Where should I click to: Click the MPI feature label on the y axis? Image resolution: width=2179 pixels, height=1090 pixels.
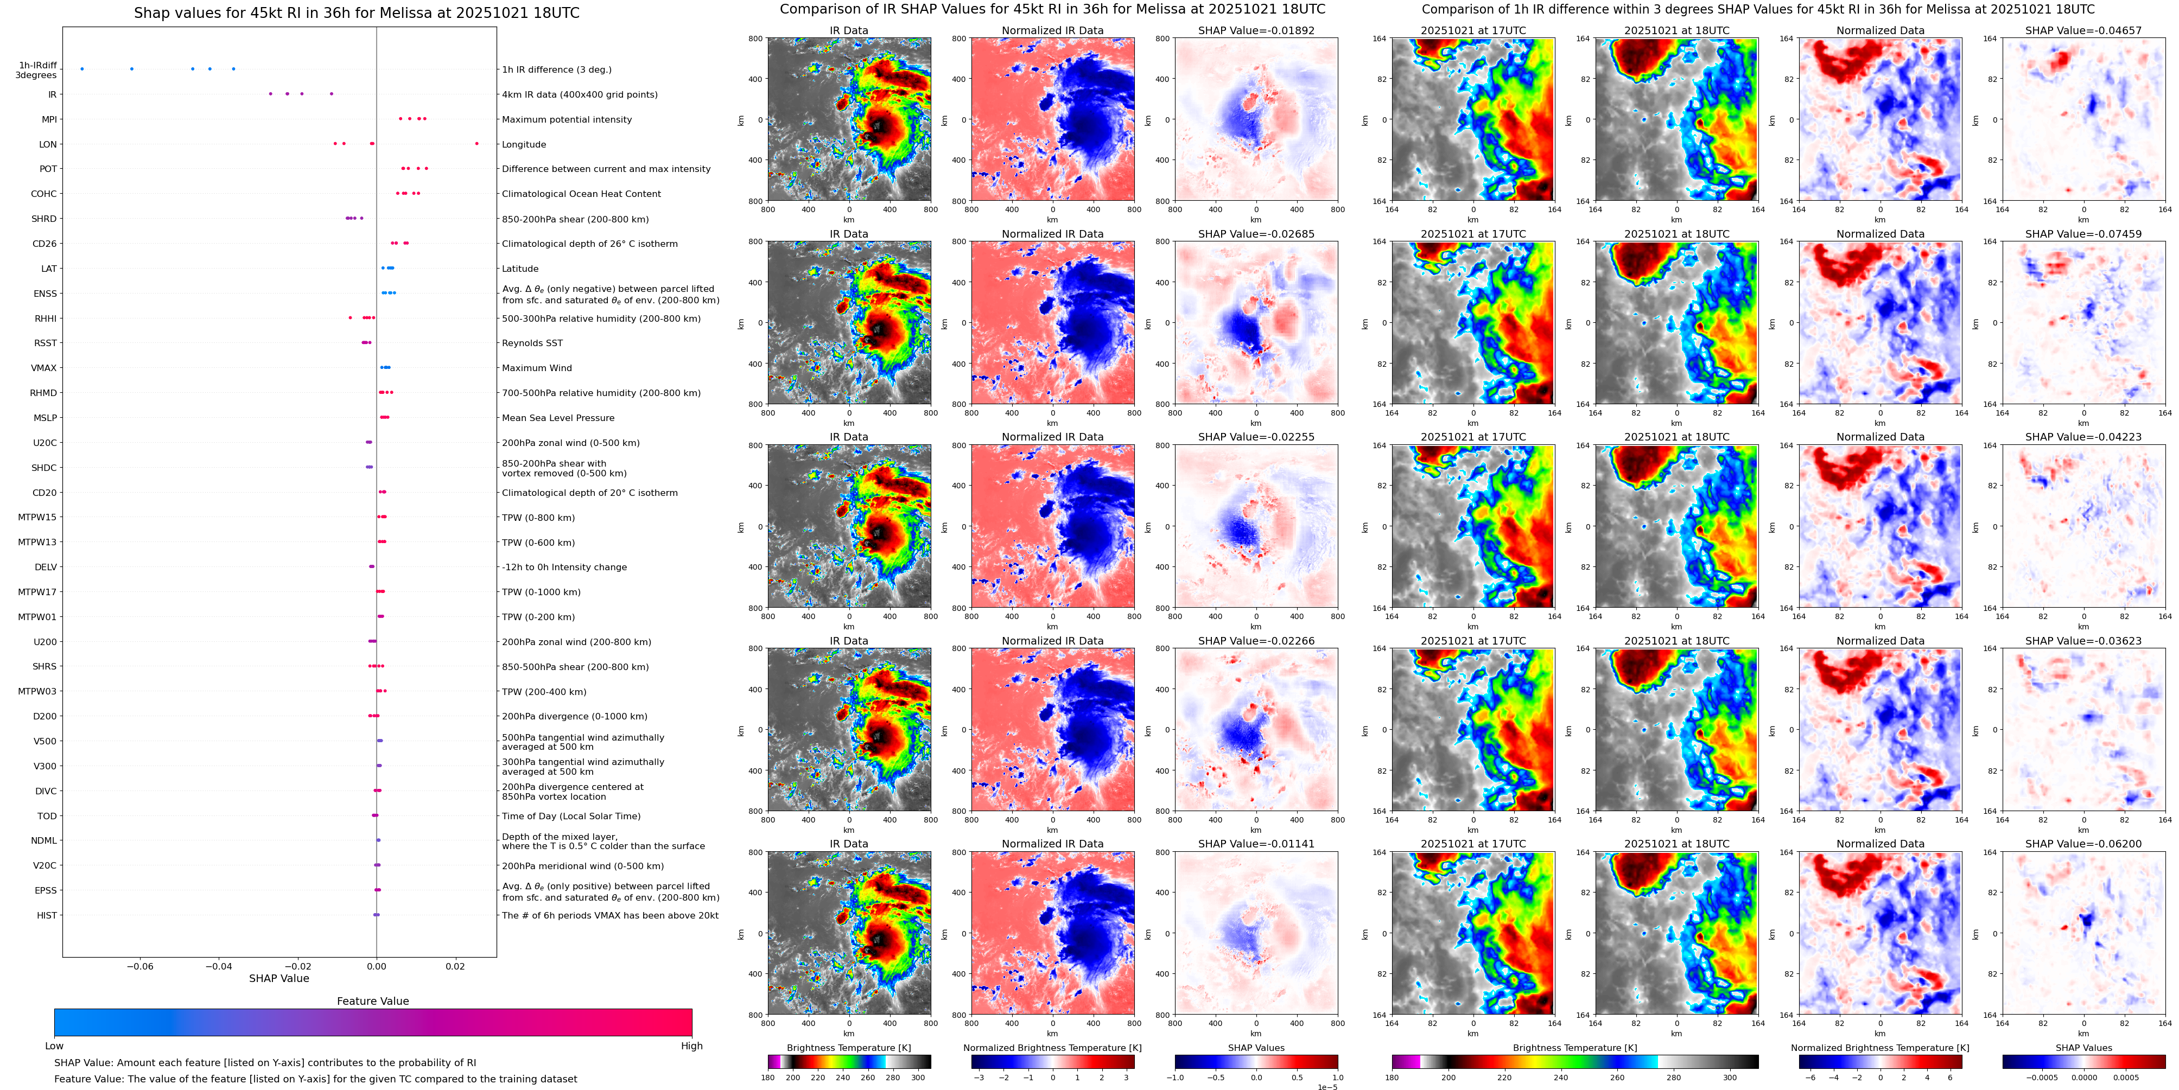[x=49, y=119]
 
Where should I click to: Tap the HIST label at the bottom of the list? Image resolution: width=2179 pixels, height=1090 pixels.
[x=47, y=915]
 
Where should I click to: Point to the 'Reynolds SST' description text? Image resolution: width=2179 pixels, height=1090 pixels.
[x=532, y=343]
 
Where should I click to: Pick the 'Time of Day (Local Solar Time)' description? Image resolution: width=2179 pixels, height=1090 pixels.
[x=571, y=816]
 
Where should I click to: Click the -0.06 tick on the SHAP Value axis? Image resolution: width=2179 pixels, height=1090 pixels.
[x=139, y=966]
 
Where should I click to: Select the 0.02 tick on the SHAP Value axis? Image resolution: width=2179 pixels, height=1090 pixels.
[x=455, y=966]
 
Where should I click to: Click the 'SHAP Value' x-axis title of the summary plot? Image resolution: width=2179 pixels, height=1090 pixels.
[x=279, y=978]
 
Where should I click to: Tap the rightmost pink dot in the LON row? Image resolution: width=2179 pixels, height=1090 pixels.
[x=477, y=144]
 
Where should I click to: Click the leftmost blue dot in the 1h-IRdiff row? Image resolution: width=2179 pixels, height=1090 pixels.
[x=82, y=68]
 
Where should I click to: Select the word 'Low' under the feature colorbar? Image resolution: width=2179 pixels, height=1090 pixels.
[x=54, y=1046]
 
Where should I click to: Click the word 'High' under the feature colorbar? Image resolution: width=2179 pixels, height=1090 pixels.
[x=692, y=1046]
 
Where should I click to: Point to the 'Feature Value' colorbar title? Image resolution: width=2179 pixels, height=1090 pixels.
[x=373, y=1001]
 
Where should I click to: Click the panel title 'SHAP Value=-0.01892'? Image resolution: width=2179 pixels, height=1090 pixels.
[x=1256, y=30]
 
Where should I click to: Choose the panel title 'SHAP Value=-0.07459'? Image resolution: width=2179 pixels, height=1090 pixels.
[x=2083, y=234]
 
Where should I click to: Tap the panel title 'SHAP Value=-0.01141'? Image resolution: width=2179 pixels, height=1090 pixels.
[x=1256, y=844]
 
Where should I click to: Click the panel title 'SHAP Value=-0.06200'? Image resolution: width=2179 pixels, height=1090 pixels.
[x=2083, y=844]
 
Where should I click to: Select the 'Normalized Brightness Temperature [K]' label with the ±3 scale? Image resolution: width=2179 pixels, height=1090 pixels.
[x=1052, y=1048]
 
